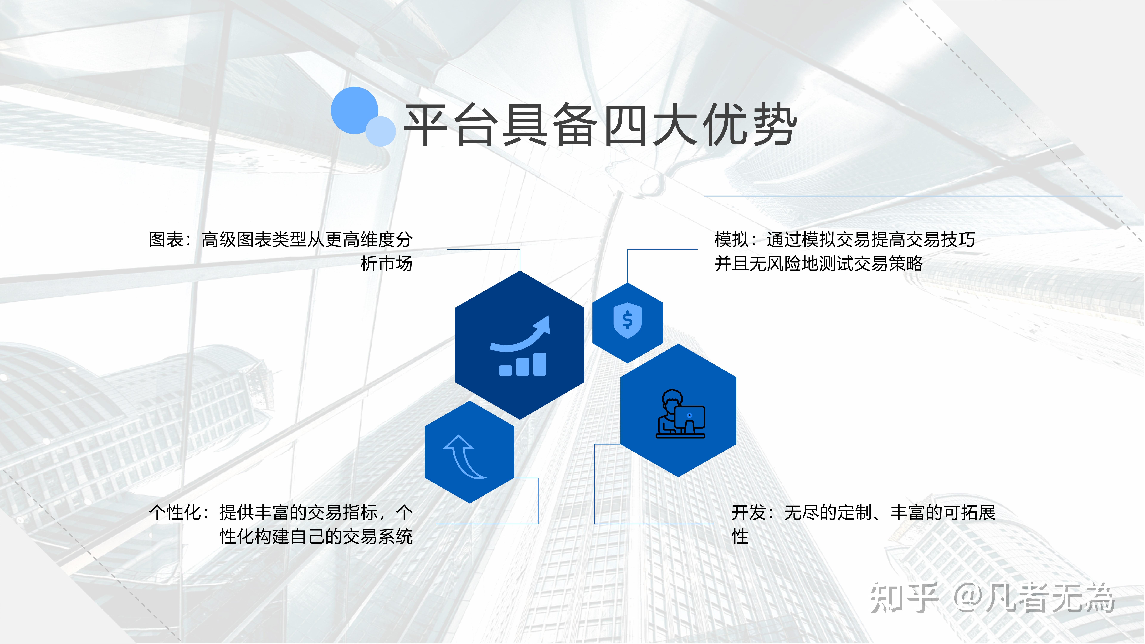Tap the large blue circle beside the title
click(x=354, y=110)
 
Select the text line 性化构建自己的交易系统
click(x=316, y=537)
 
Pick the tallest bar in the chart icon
click(x=540, y=364)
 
